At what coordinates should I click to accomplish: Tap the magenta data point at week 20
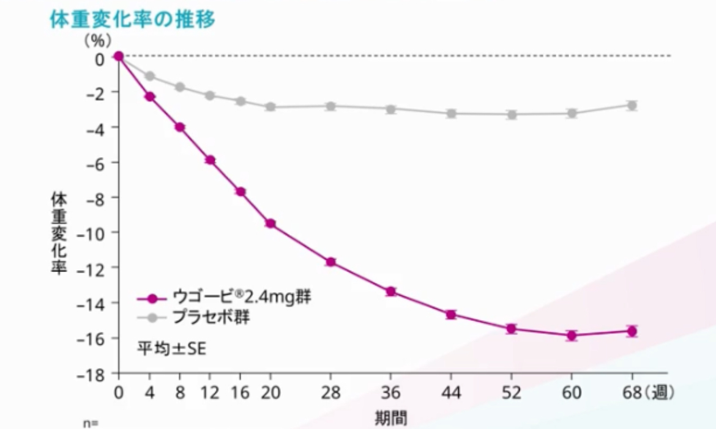(270, 224)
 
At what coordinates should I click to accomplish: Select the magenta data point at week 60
(572, 335)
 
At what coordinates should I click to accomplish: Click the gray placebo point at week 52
(512, 114)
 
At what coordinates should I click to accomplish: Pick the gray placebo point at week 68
(632, 105)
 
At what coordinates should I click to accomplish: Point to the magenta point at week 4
(149, 97)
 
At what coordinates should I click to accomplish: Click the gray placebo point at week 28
(330, 106)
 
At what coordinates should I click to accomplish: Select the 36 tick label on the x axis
(390, 392)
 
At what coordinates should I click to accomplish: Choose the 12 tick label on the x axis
(209, 392)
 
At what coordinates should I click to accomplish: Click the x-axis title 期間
(390, 417)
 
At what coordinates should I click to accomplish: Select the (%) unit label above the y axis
(98, 42)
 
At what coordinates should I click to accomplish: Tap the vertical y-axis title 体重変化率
(59, 233)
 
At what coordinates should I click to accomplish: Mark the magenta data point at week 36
(390, 291)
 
